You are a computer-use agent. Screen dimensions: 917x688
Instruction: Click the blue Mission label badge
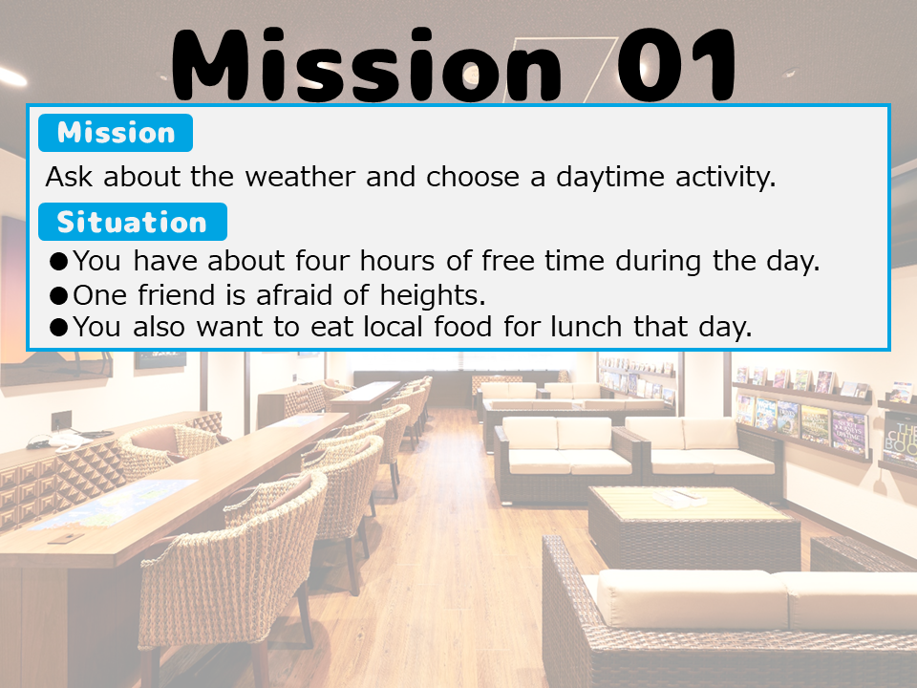(116, 133)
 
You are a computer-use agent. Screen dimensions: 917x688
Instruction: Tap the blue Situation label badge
(132, 222)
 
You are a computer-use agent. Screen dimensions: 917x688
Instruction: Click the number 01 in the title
(676, 65)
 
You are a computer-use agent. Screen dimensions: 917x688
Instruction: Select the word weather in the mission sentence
(300, 176)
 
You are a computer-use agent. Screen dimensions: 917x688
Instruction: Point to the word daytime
(610, 178)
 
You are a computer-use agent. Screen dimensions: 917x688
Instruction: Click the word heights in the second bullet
(432, 295)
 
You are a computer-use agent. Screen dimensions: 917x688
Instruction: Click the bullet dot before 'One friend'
(59, 295)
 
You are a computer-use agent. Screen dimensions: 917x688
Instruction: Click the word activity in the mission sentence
(725, 178)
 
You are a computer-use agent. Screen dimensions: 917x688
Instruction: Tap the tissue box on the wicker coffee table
(678, 498)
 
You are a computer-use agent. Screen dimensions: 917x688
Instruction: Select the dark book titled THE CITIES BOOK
(901, 440)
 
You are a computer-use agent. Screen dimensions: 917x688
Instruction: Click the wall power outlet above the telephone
(61, 420)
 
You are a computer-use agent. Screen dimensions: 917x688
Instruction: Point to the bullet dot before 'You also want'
(59, 327)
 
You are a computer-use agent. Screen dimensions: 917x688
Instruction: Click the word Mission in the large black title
(367, 65)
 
